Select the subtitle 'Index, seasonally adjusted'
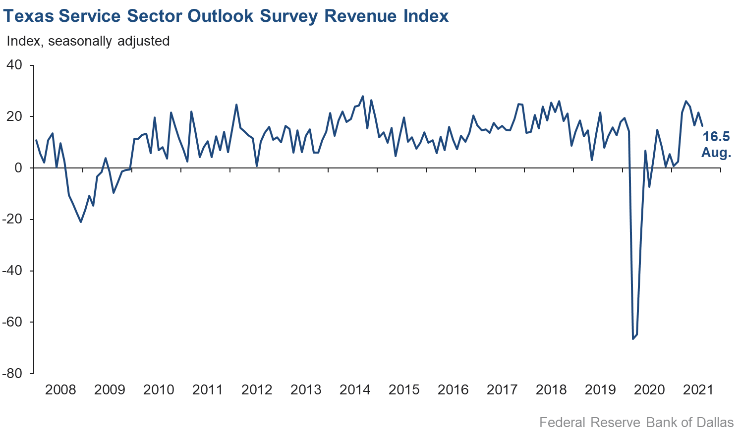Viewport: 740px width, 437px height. pyautogui.click(x=88, y=41)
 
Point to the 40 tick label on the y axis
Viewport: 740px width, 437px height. pyautogui.click(x=14, y=65)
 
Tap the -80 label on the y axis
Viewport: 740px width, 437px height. pyautogui.click(x=12, y=374)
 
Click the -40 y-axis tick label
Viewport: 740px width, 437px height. pyautogui.click(x=12, y=271)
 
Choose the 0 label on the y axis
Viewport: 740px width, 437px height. pyautogui.click(x=18, y=168)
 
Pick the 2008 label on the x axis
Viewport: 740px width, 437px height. pyautogui.click(x=60, y=390)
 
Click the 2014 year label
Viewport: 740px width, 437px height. pyautogui.click(x=355, y=390)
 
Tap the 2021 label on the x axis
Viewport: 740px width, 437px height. pyautogui.click(x=698, y=390)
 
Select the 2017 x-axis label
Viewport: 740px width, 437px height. pyautogui.click(x=502, y=390)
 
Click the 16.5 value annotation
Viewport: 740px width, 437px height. pyautogui.click(x=716, y=137)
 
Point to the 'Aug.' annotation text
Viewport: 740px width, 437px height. pyautogui.click(x=716, y=153)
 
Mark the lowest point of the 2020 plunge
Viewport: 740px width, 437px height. pyautogui.click(x=633, y=338)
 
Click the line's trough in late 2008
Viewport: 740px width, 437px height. pyautogui.click(x=81, y=221)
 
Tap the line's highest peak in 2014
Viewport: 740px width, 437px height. pyautogui.click(x=363, y=96)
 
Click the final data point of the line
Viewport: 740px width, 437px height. pyautogui.click(x=702, y=126)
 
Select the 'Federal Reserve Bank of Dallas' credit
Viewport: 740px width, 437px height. pyautogui.click(x=636, y=423)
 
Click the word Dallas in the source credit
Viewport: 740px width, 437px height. pyautogui.click(x=715, y=423)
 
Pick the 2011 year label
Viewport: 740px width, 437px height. pyautogui.click(x=208, y=390)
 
